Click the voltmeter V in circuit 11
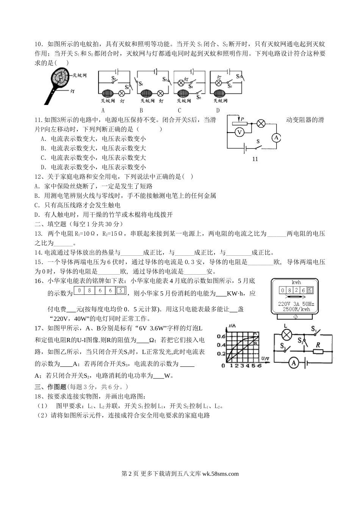239,132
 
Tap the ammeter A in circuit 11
277,138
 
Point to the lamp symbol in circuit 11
261,123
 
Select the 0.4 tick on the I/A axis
221,345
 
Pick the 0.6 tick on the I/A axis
221,336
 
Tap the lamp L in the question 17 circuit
287,334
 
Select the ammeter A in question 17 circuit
293,363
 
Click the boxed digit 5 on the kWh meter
310,291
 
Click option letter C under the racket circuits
179,111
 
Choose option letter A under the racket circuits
103,111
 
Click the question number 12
38,177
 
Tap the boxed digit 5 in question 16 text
121,291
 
